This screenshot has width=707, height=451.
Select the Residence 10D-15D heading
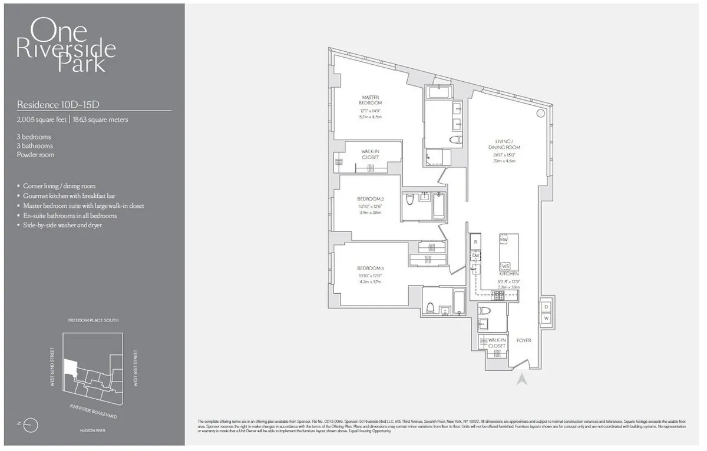[x=57, y=104]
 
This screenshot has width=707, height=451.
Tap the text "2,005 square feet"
[x=41, y=120]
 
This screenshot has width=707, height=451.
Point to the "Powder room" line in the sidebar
[x=35, y=155]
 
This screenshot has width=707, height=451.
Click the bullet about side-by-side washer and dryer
[x=62, y=225]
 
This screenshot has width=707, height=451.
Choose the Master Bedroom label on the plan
[x=372, y=100]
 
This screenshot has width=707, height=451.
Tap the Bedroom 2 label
[x=371, y=198]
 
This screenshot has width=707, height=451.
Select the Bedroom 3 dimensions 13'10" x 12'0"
[x=371, y=276]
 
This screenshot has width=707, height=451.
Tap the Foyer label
[x=524, y=340]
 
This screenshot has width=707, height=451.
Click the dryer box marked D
[x=546, y=307]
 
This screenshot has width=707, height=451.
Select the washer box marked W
[x=546, y=319]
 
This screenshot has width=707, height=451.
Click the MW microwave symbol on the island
[x=504, y=240]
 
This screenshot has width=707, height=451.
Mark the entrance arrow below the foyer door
[x=521, y=379]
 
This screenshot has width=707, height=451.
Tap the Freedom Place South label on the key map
[x=93, y=320]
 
